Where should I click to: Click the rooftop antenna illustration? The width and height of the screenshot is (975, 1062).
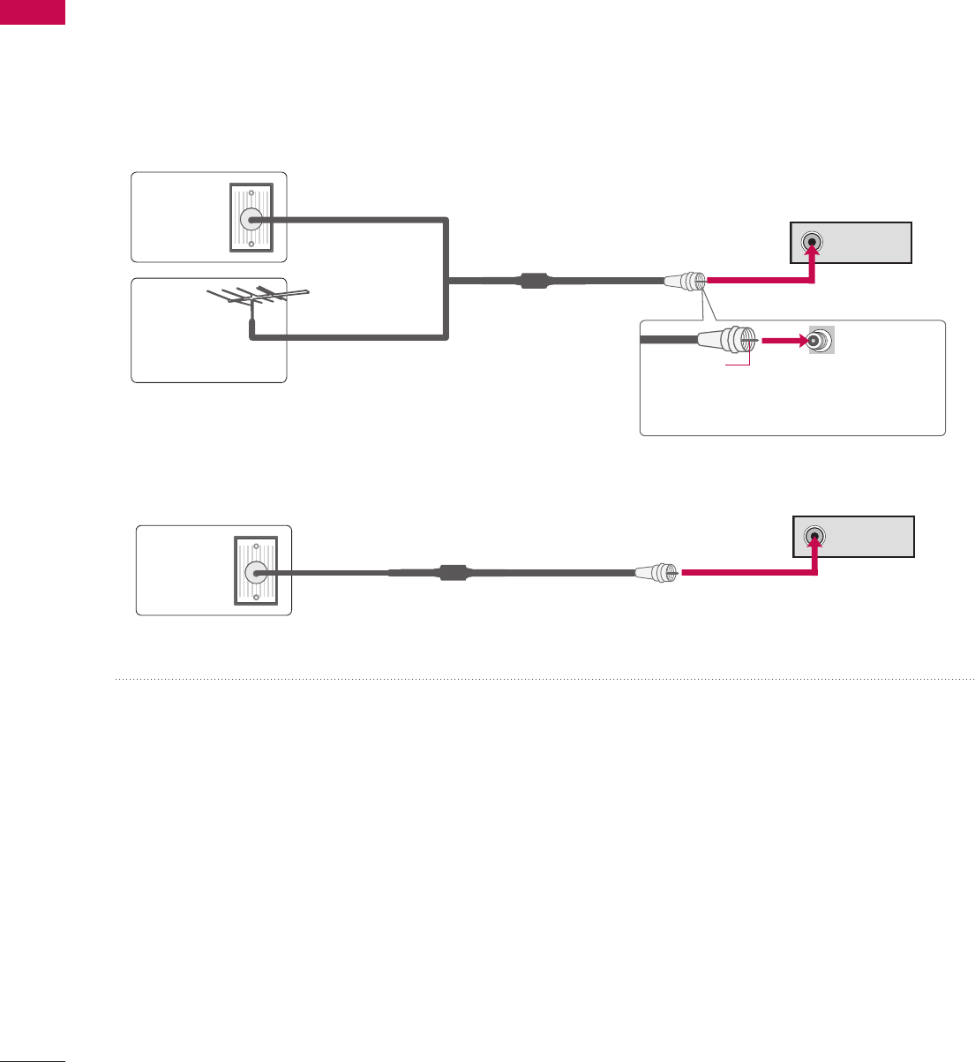[x=255, y=300]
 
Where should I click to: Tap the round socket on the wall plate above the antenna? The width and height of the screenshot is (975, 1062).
[x=251, y=220]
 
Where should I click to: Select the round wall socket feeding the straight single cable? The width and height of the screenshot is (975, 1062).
[x=256, y=573]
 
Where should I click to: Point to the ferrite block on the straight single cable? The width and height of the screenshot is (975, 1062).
[x=453, y=573]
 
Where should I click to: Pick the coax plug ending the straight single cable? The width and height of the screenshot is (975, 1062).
[x=657, y=573]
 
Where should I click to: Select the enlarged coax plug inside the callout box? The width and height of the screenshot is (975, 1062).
[x=725, y=340]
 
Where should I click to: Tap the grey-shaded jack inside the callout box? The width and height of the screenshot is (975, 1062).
[x=821, y=341]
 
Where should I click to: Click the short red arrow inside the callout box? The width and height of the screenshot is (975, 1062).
[x=782, y=340]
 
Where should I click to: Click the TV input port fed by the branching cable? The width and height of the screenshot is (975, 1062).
[x=812, y=243]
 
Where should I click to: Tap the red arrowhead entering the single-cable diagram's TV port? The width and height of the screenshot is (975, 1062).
[x=815, y=546]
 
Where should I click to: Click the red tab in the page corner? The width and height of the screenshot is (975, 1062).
[x=33, y=11]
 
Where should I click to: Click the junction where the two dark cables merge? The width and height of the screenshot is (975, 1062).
[x=449, y=282]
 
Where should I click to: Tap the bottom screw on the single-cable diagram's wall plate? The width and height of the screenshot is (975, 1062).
[x=256, y=597]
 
